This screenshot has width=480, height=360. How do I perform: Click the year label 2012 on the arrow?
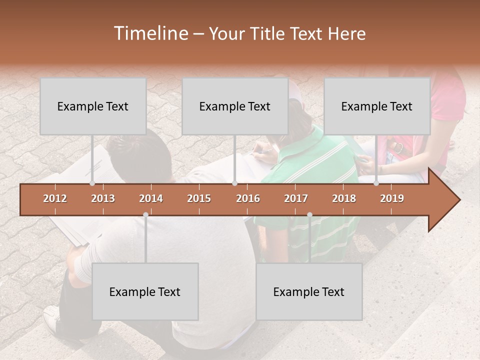coord(55,198)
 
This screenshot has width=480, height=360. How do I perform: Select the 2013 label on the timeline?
coord(103,198)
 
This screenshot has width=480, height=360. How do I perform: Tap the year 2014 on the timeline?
coord(151,198)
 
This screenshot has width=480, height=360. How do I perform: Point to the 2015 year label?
coord(199,198)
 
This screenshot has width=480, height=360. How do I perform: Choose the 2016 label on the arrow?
coord(248,198)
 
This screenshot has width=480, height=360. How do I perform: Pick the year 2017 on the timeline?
coord(296,198)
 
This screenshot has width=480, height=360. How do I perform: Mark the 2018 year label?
coord(344,198)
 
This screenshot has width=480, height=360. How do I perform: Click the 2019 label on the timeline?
coord(392,198)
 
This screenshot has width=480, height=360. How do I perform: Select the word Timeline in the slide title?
coord(150,33)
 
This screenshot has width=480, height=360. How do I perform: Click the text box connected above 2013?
coord(93,106)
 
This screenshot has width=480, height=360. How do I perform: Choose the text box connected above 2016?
coord(235,106)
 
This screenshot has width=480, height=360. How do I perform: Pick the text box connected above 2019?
coord(377,106)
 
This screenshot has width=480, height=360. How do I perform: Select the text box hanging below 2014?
coord(145,291)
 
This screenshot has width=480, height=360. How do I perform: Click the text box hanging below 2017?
coord(309,291)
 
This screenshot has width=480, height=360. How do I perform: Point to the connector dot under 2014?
coord(145,214)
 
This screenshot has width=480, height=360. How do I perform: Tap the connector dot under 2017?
coord(309,214)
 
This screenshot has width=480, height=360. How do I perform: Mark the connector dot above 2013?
coord(92,183)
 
